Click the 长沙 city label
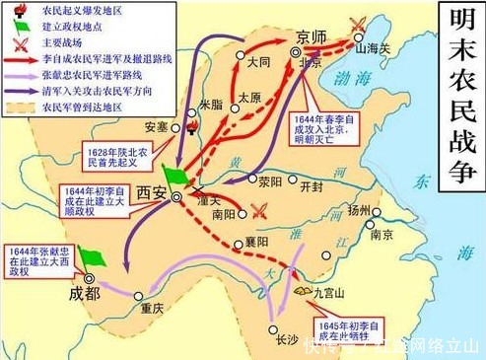click(x=286, y=339)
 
